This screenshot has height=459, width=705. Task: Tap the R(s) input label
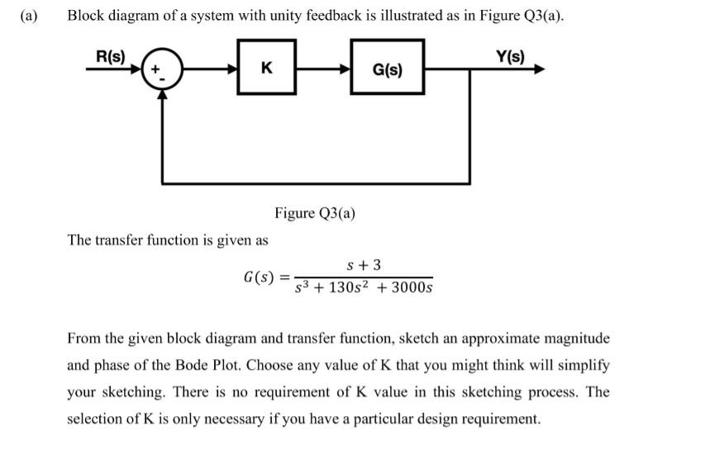pos(110,57)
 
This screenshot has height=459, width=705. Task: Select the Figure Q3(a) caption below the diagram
pos(315,213)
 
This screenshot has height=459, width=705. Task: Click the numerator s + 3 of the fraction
pos(364,265)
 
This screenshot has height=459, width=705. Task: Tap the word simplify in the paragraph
pos(584,365)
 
